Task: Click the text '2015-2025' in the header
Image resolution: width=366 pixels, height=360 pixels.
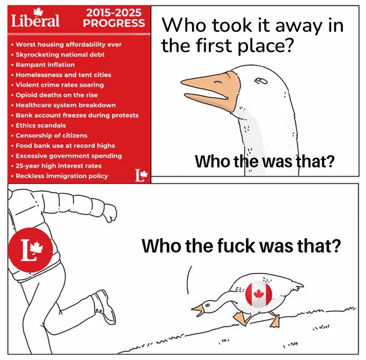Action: (114, 12)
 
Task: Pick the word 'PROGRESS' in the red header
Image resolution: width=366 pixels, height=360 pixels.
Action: (114, 23)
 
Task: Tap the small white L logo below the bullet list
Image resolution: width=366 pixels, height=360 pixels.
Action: (142, 175)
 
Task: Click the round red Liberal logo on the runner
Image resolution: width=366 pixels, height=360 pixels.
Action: (31, 250)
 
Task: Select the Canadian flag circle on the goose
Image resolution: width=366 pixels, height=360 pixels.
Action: (259, 294)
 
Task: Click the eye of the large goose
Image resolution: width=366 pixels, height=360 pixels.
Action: (261, 81)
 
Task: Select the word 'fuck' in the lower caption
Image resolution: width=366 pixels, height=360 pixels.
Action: (236, 246)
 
